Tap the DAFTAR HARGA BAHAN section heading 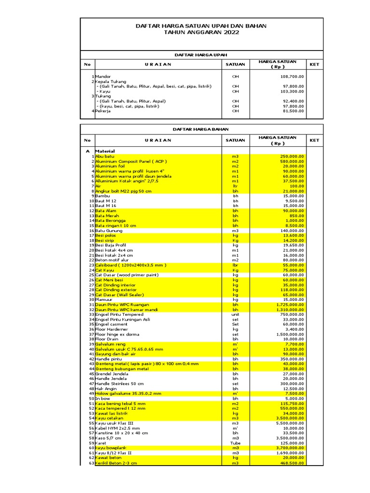(x=200, y=129)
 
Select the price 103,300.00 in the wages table (x=291, y=91)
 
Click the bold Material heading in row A (x=105, y=151)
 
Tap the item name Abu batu (x=105, y=156)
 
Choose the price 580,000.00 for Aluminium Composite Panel (x=291, y=161)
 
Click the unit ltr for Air (x=236, y=186)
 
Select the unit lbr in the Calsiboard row (x=236, y=265)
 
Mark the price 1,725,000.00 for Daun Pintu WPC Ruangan (x=290, y=305)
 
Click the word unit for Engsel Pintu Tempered (x=236, y=314)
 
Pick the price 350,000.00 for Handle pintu (x=291, y=359)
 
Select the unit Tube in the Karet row (x=236, y=443)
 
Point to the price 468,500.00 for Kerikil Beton (x=291, y=463)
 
